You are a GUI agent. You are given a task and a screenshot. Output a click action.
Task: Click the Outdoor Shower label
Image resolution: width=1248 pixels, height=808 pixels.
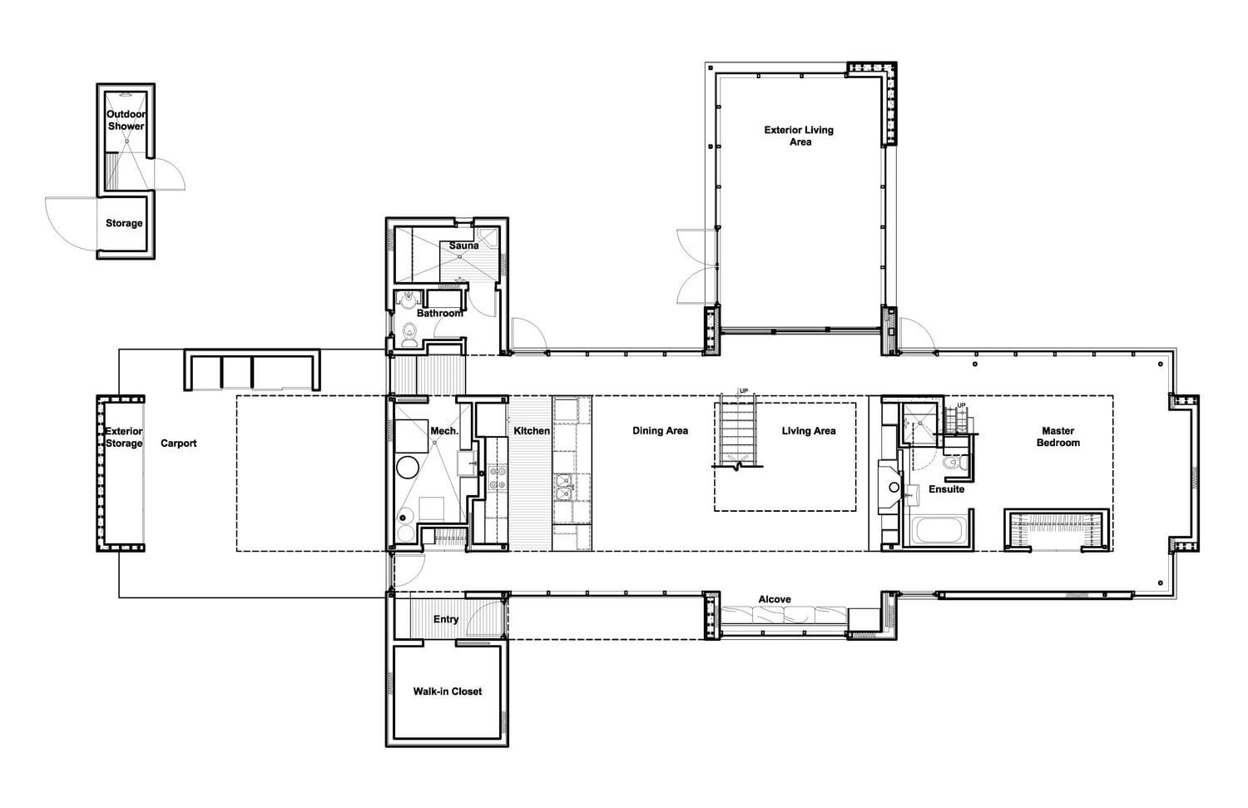pos(126,121)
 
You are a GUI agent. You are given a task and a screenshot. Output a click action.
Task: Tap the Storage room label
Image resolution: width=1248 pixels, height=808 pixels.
pos(124,224)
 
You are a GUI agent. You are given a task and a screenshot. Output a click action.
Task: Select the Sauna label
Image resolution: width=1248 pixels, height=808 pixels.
pos(463,245)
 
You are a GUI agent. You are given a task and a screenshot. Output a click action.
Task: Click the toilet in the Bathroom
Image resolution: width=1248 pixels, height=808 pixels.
pos(410,334)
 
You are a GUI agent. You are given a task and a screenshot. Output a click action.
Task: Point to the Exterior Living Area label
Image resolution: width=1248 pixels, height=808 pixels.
pos(799,136)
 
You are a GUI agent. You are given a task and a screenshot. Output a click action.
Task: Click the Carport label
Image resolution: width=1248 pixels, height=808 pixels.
pos(178,444)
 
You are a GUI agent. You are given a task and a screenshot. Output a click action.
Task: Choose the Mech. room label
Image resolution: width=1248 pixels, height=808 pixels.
pos(444,431)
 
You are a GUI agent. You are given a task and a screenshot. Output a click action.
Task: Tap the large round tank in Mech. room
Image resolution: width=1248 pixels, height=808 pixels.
pos(408,468)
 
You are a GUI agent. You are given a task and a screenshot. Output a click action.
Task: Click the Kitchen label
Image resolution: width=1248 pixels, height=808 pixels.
pos(532,431)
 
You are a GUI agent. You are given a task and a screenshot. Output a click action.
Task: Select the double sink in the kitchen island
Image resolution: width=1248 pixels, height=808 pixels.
pos(563,488)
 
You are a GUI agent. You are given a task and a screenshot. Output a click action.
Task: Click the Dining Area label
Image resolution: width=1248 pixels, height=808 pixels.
pos(661,431)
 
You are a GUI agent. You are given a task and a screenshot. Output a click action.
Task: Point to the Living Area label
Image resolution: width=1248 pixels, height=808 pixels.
pos(809,431)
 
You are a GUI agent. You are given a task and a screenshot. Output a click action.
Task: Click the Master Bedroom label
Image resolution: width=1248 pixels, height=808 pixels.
pos(1058,437)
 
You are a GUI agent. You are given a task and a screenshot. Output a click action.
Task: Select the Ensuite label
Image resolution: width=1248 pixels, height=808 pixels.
pos(947,489)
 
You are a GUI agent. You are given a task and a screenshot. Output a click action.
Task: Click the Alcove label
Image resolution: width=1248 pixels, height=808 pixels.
pos(775,600)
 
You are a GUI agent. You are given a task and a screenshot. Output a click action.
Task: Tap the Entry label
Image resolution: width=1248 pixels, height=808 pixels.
pos(446,620)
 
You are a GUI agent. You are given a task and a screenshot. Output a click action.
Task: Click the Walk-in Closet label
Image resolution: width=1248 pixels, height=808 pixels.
pos(448,692)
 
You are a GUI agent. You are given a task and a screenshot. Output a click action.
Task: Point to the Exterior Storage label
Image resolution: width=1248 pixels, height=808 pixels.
pos(124,438)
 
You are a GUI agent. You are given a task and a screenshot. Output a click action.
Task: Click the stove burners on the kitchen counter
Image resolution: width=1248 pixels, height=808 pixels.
pos(497,478)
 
